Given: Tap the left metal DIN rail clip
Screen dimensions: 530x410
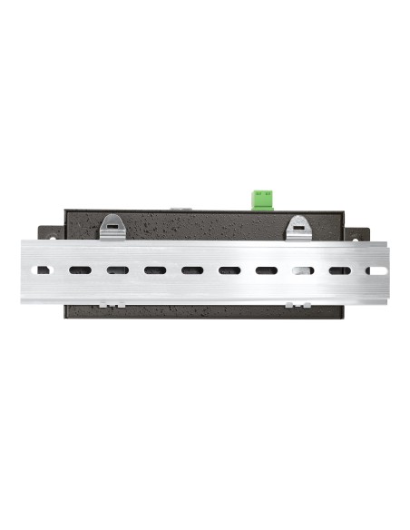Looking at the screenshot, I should [x=113, y=227].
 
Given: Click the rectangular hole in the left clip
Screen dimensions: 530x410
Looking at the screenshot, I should [x=113, y=221].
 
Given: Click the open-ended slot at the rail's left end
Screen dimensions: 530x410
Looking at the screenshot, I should [x=40, y=270].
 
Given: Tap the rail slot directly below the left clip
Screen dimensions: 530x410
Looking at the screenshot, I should [x=117, y=270].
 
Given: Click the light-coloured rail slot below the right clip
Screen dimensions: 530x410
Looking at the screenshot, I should [x=302, y=270].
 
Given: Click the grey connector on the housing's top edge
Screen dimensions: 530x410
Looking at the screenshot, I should [x=180, y=209].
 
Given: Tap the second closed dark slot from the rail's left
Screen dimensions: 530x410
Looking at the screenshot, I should [x=117, y=270].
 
